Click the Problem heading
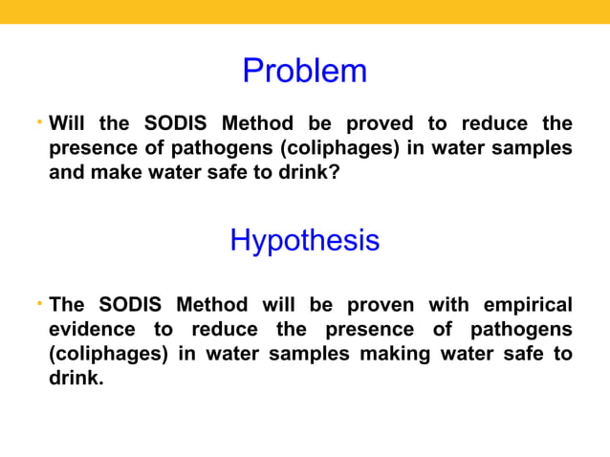pos(304,71)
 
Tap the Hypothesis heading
pos(304,239)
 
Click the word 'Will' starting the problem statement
pos(67,123)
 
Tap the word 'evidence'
pos(92,329)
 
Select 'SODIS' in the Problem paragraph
pos(177,123)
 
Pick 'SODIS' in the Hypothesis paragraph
pos(139,305)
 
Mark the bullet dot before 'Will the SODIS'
pos(39,121)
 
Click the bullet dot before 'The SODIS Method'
pos(39,303)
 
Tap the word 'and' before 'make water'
pos(66,173)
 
